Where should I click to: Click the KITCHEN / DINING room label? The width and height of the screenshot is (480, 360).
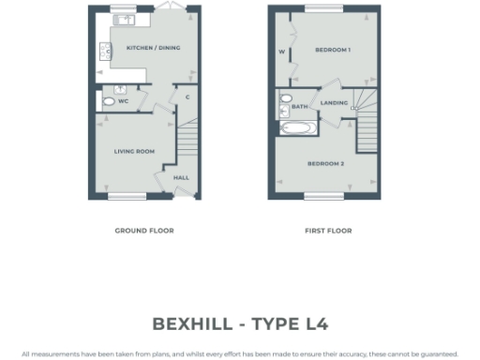155,48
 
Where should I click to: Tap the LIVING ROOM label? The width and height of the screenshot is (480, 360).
135,151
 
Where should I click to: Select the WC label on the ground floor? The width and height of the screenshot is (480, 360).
123,100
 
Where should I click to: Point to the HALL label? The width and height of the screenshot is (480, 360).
181,175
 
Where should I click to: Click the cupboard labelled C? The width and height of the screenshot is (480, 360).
188,97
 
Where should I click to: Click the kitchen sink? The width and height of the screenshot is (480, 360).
121,20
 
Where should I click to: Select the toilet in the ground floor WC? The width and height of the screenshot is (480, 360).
108,99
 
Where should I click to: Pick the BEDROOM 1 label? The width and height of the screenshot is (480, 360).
332,49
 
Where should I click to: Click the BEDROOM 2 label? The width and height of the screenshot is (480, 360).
326,164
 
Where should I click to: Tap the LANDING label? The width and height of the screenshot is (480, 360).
334,102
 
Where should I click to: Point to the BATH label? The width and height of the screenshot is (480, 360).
299,107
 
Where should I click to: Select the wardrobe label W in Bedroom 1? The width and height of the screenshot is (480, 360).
281,52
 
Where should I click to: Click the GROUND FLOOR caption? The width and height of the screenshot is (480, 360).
144,230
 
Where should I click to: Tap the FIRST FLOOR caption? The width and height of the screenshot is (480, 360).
328,230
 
